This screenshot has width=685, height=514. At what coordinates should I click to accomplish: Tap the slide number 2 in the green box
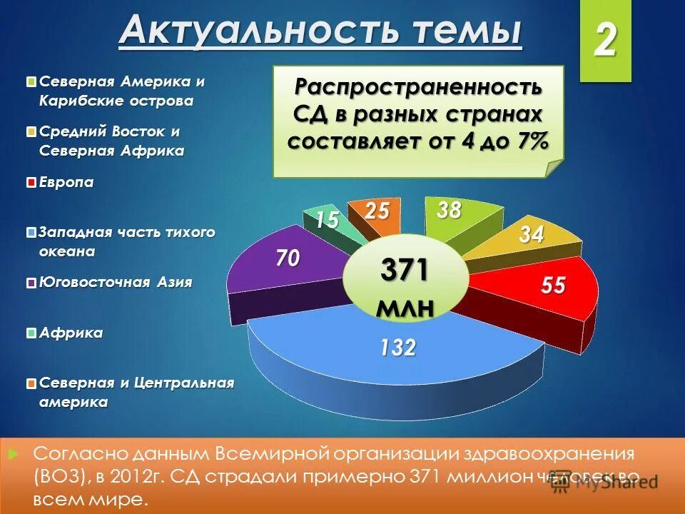point(605,41)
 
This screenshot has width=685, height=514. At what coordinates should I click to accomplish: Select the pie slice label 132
point(397,348)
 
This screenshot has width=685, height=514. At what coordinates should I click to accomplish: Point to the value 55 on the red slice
point(553,286)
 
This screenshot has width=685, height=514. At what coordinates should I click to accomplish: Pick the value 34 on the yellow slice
point(532,235)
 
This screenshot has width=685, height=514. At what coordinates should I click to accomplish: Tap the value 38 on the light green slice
point(450,210)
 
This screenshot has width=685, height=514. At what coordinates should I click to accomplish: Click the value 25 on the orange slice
point(376,211)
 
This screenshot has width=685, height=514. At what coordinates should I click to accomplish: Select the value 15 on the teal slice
point(327,221)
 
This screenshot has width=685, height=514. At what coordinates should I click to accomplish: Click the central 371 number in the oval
point(405,271)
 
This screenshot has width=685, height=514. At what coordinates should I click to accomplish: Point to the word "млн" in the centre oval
point(405,306)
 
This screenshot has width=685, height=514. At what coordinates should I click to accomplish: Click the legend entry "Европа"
point(66,183)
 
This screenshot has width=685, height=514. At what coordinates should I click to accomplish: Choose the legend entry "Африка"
point(71,333)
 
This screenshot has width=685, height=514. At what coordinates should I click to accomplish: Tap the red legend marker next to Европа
point(31,183)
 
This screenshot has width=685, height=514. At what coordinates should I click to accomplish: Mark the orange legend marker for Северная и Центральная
point(31,384)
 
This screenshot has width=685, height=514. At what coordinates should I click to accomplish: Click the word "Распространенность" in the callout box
point(419,89)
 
